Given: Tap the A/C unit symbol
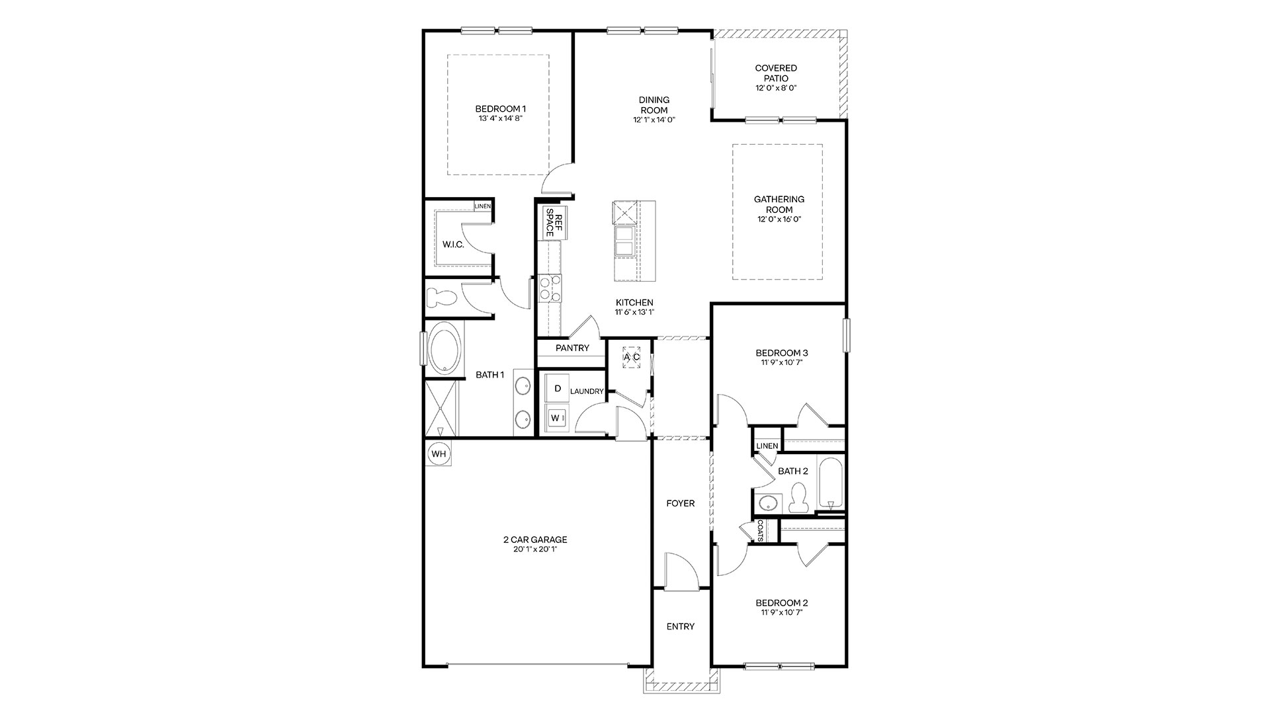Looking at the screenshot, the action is coord(632,357).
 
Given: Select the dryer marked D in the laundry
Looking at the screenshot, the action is coord(558,389).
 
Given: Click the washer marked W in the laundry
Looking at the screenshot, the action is coord(556,418).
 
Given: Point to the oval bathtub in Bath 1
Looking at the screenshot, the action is coord(445,348).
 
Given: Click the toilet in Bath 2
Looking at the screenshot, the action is coord(798,497).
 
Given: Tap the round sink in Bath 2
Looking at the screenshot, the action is coord(769,503).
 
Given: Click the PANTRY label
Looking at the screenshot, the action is coord(572,348).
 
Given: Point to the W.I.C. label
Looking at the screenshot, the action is coord(453,245).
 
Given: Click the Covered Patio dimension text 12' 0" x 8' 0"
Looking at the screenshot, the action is coord(776,88).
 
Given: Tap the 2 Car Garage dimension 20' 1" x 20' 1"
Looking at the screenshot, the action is coord(535,549).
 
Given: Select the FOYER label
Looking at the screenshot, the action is coord(681,504).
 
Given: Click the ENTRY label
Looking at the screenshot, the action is coord(681,627).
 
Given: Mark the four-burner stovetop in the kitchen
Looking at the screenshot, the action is coord(550,289).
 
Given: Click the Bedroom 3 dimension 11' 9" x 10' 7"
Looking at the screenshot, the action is coord(783,362).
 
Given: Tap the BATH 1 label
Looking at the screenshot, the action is coord(490,375).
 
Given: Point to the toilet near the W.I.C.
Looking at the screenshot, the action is coord(441,299).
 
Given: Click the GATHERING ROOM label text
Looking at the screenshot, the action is coord(780,204).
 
